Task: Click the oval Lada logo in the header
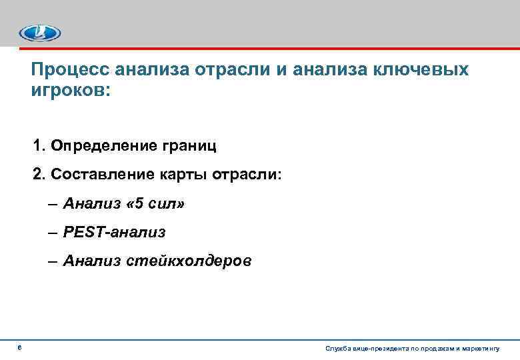(39, 32)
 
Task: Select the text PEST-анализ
(114, 232)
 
